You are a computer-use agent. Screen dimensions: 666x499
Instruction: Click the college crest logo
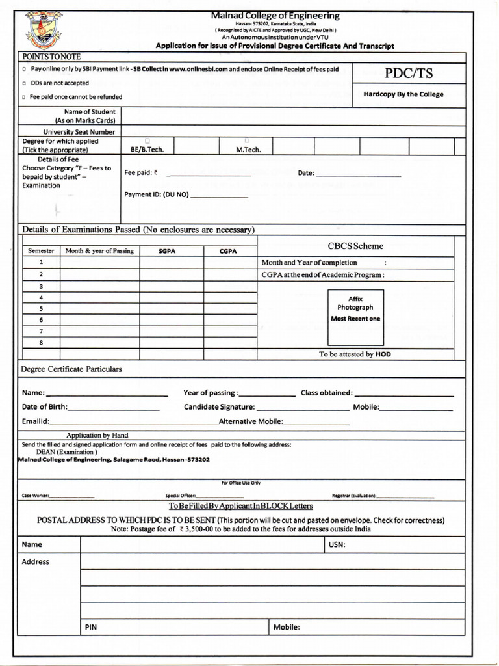point(43,31)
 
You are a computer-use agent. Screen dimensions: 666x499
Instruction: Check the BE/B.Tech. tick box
point(147,140)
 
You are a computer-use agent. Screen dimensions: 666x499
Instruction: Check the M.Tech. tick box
point(247,140)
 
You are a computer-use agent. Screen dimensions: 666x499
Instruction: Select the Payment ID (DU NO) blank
point(219,196)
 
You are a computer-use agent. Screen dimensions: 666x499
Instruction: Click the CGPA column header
point(227,251)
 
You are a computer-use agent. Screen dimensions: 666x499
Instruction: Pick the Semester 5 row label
point(41,309)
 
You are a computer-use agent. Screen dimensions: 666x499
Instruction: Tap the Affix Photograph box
point(355,317)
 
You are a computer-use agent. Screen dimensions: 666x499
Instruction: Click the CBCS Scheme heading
point(355,246)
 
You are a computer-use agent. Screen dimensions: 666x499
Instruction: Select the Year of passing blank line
point(268,395)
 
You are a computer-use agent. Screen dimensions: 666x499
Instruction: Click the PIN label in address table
point(91,628)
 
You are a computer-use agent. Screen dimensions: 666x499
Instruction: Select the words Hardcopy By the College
point(403,94)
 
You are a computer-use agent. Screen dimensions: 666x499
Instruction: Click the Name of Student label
point(85,116)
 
